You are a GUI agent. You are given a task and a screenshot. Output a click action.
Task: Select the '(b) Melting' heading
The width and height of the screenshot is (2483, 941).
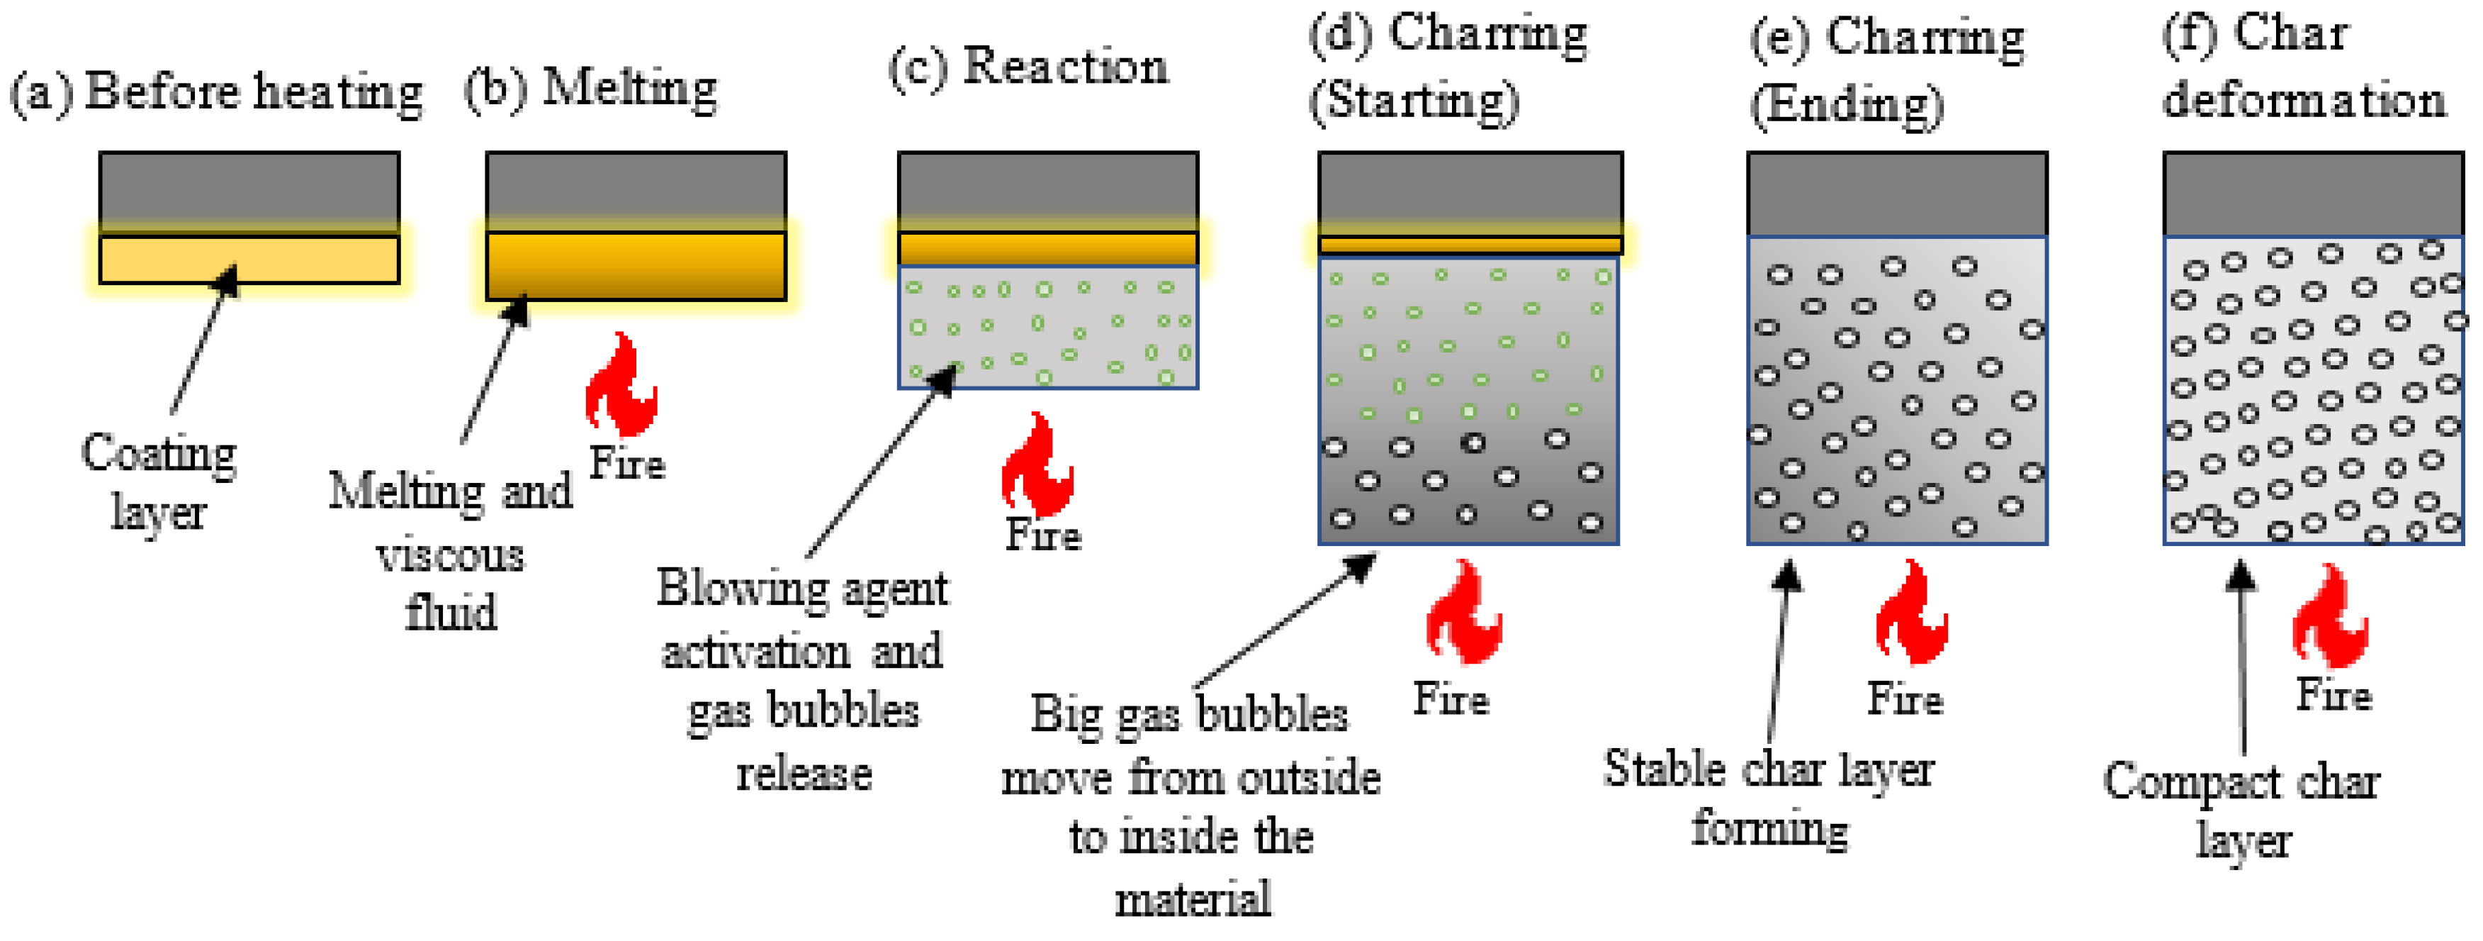(x=591, y=89)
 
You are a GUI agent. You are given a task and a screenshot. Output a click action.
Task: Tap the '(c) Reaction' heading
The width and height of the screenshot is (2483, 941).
(x=1027, y=67)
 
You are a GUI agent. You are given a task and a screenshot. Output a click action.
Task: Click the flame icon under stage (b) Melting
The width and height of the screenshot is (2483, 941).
(x=621, y=384)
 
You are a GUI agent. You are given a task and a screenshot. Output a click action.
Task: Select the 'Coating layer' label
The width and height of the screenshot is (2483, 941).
(x=159, y=482)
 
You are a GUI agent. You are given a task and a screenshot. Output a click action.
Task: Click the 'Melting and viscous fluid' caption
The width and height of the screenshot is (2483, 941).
(x=450, y=550)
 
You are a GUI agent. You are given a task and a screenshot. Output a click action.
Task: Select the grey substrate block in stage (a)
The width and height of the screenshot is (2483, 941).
(x=249, y=191)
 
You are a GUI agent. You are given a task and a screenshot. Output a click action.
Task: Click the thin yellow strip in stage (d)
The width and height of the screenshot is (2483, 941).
(x=1470, y=245)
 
